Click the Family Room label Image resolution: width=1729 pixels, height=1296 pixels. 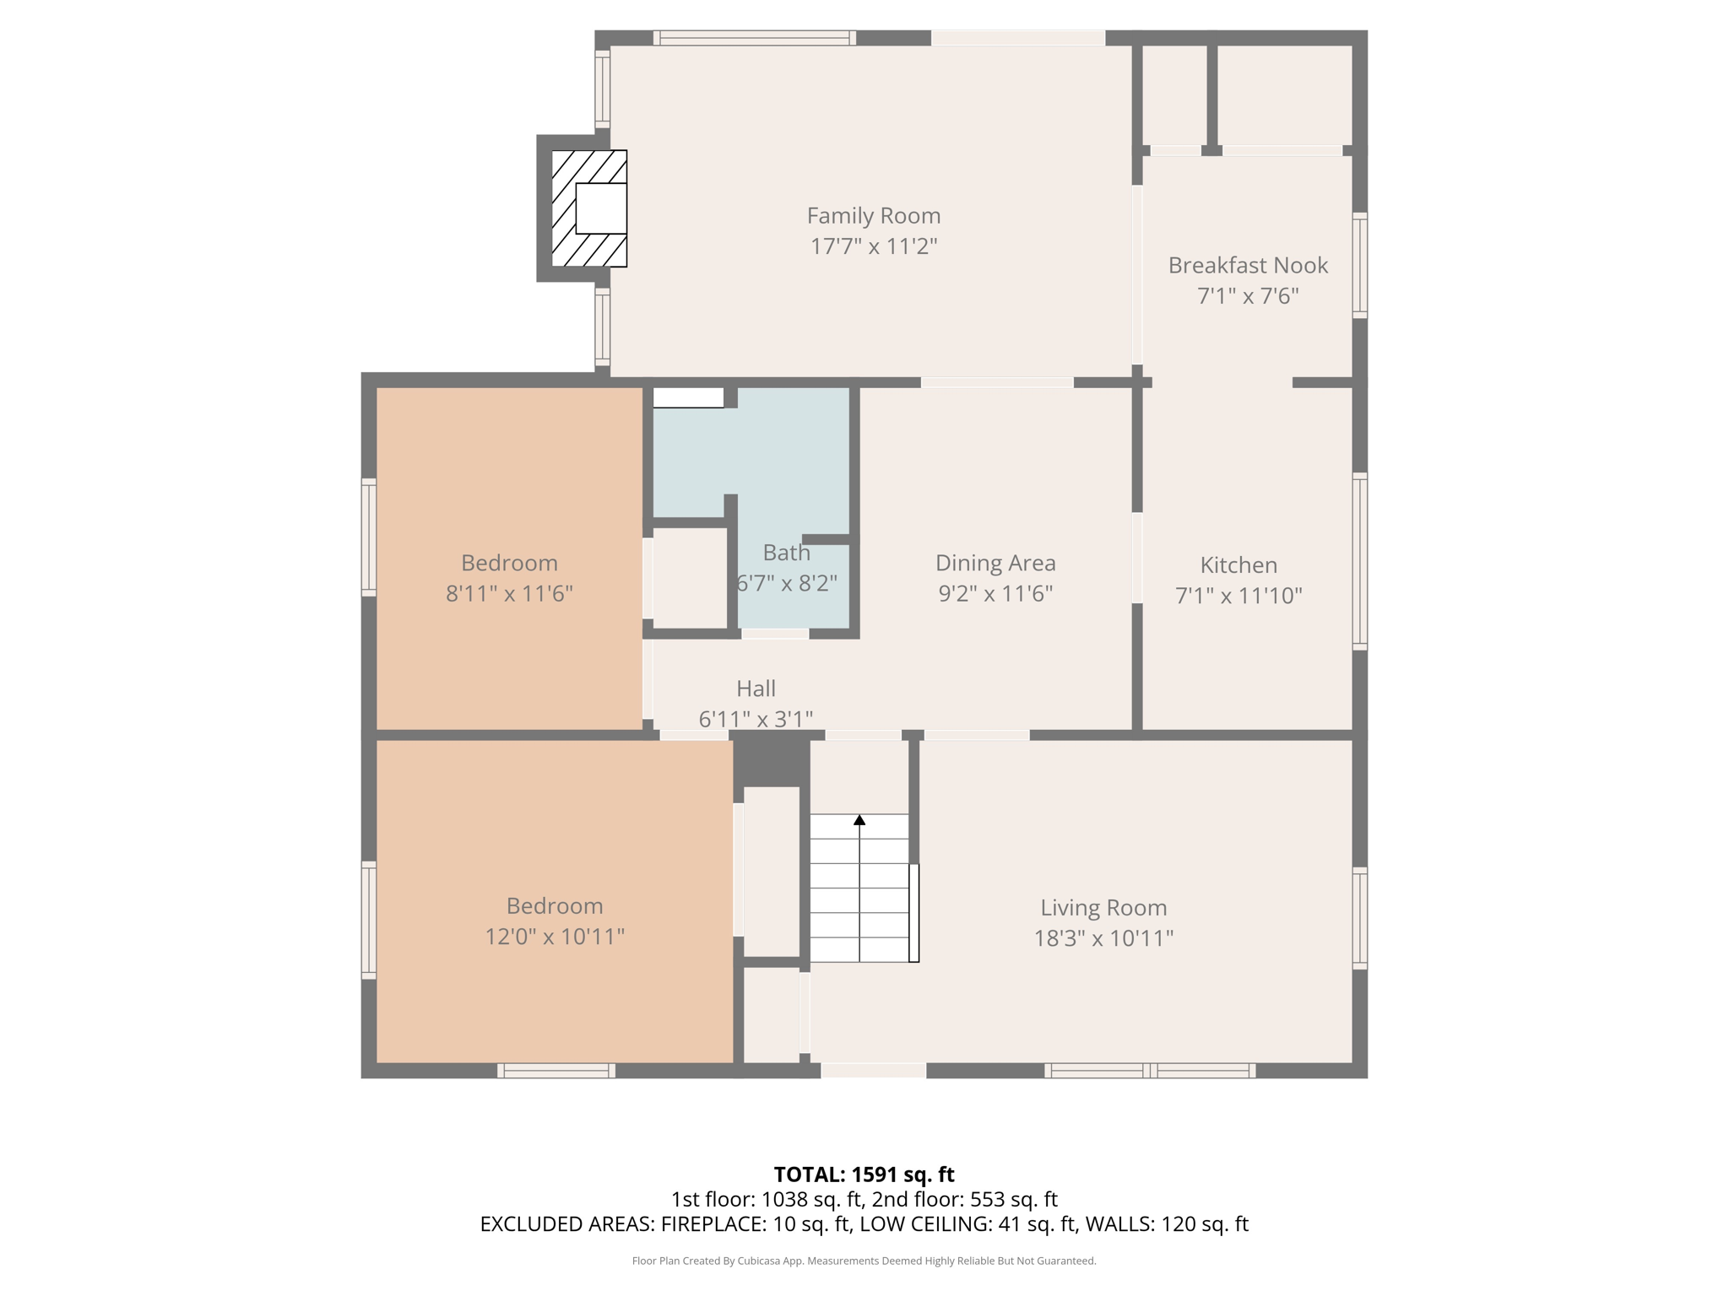click(x=873, y=216)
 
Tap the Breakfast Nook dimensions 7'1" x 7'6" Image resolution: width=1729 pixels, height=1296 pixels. click(x=1247, y=296)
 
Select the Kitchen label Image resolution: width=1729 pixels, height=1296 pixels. click(x=1238, y=564)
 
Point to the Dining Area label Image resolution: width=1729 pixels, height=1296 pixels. click(x=995, y=563)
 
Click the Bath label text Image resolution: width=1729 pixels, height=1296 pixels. click(x=786, y=553)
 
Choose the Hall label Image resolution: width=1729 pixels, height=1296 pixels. click(x=756, y=688)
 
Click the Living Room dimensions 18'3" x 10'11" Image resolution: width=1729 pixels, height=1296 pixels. click(x=1103, y=938)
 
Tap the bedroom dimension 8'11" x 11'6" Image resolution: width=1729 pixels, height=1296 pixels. click(x=509, y=594)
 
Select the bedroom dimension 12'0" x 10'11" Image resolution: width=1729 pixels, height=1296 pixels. click(x=555, y=937)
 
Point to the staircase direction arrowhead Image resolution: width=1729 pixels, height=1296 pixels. click(x=859, y=819)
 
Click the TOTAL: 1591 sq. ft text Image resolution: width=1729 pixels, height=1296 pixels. click(x=864, y=1174)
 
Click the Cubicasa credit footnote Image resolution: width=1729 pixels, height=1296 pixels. click(x=864, y=1261)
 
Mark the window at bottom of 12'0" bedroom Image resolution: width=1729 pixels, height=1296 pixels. click(x=556, y=1071)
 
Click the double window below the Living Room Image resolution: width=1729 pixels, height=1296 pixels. click(x=1149, y=1071)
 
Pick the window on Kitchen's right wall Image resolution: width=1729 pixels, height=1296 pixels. click(x=1359, y=561)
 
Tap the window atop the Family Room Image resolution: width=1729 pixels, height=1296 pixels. click(x=754, y=37)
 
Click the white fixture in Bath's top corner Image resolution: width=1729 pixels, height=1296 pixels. click(x=688, y=397)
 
